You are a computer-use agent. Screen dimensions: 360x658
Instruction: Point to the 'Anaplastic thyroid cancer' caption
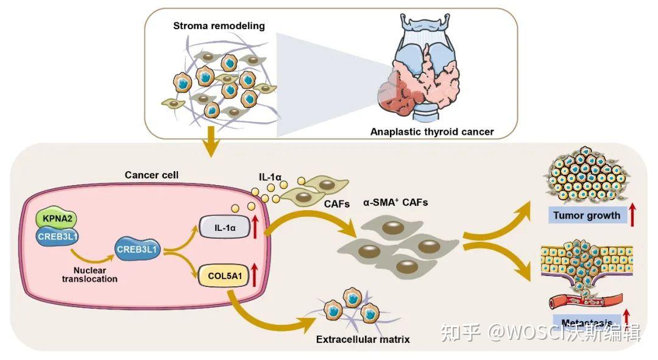(x=431, y=132)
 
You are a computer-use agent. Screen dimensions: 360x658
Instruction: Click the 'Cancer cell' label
(x=151, y=175)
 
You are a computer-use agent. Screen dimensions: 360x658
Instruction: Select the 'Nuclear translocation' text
(x=91, y=274)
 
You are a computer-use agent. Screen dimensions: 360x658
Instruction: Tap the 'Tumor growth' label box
(x=586, y=215)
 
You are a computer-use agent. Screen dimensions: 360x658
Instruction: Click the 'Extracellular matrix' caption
(x=363, y=338)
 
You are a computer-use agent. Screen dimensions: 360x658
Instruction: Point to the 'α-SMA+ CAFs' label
(x=395, y=202)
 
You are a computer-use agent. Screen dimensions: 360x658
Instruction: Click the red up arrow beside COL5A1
(x=255, y=275)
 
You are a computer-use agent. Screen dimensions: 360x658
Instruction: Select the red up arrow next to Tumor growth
(x=633, y=214)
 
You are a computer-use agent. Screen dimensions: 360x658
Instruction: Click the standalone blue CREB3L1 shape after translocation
(x=136, y=250)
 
